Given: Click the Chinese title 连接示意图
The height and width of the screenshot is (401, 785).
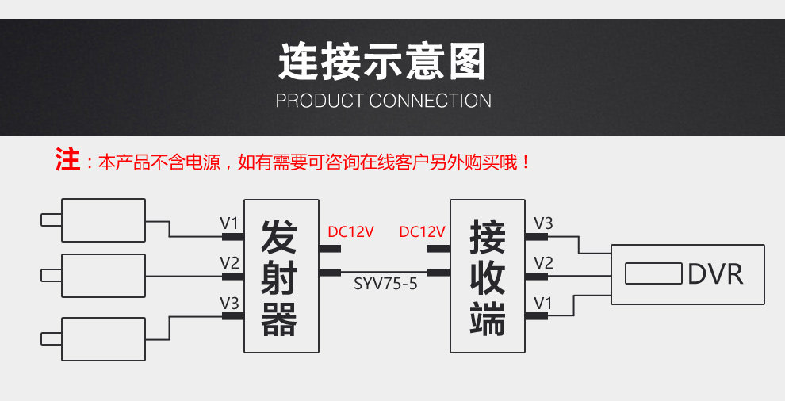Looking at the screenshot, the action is [x=381, y=63].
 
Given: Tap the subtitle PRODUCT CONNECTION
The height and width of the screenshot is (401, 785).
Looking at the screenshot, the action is [x=383, y=101].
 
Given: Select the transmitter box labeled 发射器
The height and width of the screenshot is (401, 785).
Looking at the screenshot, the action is [x=281, y=276].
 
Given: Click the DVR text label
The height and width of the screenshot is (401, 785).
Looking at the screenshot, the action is [x=715, y=274].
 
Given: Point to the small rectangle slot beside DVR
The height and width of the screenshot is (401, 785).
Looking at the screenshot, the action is [x=653, y=274].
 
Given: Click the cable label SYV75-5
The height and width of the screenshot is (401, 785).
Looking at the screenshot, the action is [x=385, y=283].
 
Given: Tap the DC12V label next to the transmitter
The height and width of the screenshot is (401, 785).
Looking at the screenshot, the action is [x=350, y=232].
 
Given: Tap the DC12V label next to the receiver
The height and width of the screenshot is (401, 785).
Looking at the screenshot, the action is [x=422, y=232].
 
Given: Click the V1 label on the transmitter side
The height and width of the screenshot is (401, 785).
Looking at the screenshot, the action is [x=228, y=223].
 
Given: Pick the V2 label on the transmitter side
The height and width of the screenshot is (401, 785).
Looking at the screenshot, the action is [x=229, y=262].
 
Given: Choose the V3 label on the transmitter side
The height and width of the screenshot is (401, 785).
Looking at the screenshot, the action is [x=229, y=302].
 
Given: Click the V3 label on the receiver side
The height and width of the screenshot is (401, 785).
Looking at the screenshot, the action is [x=543, y=223].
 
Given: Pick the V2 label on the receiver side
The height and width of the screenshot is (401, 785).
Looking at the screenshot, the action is [x=543, y=262].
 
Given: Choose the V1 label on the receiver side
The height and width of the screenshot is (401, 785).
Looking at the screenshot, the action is [x=543, y=302].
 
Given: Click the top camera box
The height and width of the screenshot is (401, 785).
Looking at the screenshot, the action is [x=103, y=220].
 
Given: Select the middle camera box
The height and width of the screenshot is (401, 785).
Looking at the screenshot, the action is [x=103, y=276].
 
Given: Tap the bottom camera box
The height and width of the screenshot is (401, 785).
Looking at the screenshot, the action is [x=103, y=338].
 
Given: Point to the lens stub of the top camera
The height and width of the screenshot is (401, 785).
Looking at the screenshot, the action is [x=51, y=220].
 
